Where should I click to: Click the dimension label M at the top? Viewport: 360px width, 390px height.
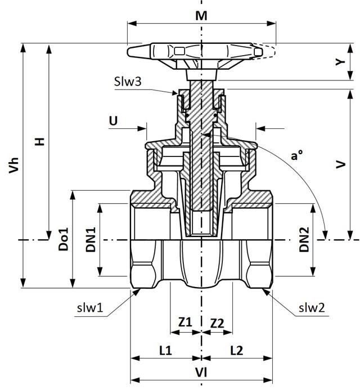click(x=201, y=15)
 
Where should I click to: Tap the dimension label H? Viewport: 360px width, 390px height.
click(x=40, y=141)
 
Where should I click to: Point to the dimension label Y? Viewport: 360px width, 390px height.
click(x=339, y=63)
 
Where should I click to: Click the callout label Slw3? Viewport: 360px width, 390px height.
click(x=128, y=81)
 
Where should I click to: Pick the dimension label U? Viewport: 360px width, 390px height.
click(x=114, y=120)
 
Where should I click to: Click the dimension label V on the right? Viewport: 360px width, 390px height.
click(x=340, y=164)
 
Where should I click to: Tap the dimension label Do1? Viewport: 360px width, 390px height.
click(x=64, y=239)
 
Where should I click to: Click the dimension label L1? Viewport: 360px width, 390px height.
click(x=165, y=350)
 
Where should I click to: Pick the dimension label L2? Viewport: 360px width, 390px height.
click(x=237, y=350)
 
